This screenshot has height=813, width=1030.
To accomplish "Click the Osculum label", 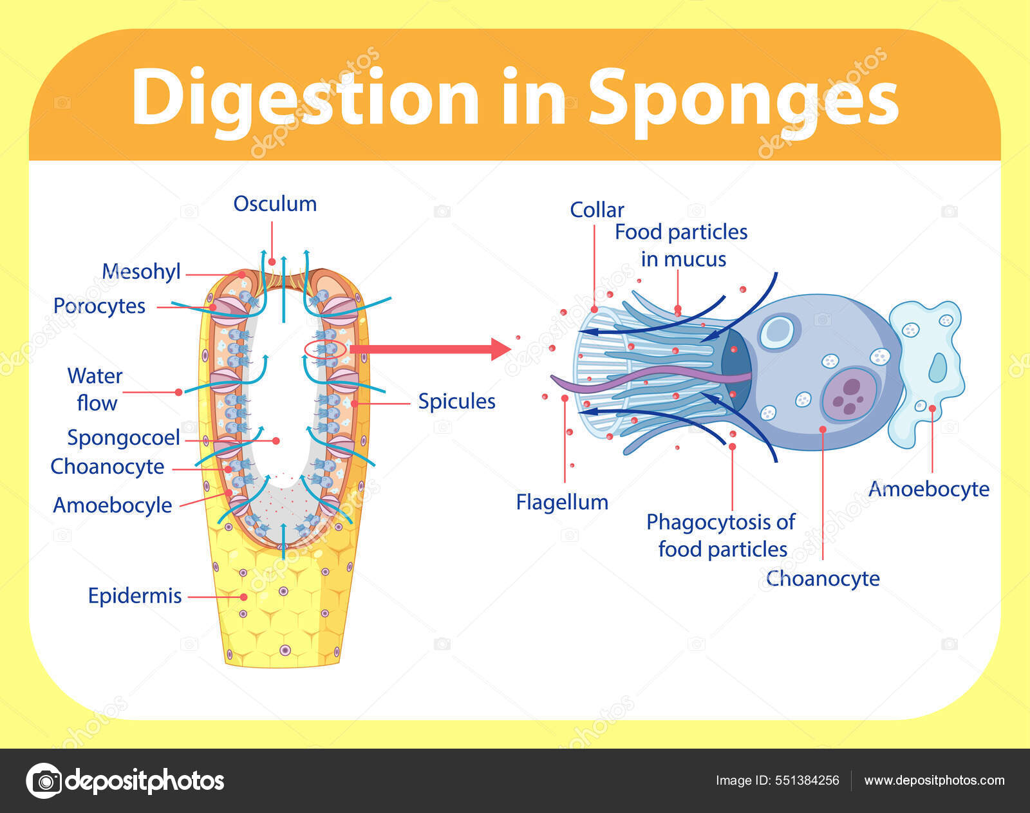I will [275, 204].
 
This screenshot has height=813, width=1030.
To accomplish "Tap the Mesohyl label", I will [141, 272].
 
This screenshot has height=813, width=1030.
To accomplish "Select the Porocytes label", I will [99, 306].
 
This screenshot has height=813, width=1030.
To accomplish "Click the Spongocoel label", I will [124, 438].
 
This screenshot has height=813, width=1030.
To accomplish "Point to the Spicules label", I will [456, 402].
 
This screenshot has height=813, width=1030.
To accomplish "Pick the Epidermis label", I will [135, 596].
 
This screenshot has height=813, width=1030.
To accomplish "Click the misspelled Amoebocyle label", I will [112, 505].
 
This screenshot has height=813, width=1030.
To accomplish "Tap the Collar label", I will [597, 210].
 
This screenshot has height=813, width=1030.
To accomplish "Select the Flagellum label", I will [562, 502].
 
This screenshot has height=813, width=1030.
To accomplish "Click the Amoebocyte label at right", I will [928, 489].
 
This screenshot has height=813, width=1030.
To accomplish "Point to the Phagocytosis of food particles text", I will [721, 536].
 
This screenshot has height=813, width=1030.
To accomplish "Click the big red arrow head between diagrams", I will [500, 349].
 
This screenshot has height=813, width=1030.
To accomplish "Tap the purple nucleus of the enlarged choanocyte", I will [850, 395].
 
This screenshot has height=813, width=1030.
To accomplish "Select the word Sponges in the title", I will [743, 98].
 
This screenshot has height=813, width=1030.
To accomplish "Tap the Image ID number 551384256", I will [807, 780].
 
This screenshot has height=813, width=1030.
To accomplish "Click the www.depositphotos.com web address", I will [934, 780].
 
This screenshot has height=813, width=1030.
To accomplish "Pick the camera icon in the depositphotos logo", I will [44, 781].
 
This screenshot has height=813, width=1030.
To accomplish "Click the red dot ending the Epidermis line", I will [243, 597].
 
